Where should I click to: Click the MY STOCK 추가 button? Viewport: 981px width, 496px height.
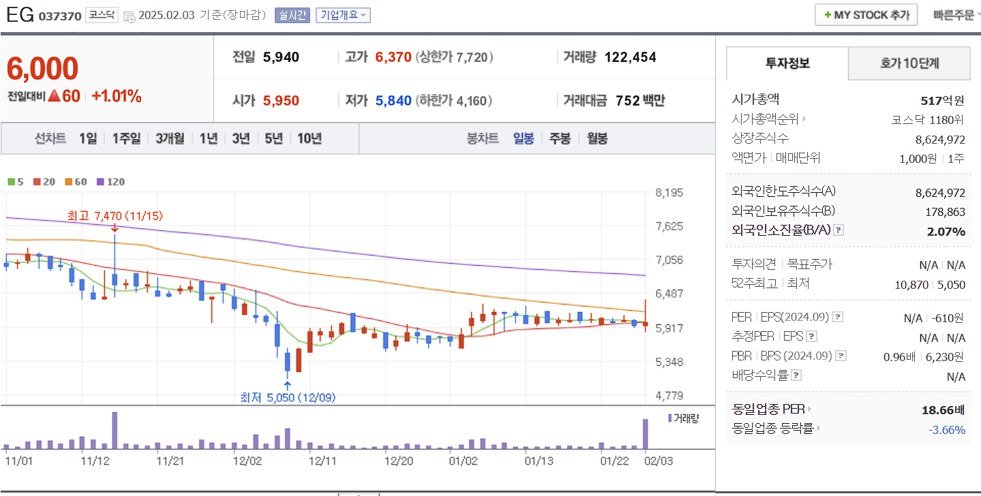pyautogui.click(x=866, y=14)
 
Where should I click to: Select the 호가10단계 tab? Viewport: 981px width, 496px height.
pyautogui.click(x=909, y=64)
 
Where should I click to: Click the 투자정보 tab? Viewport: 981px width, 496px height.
pyautogui.click(x=787, y=64)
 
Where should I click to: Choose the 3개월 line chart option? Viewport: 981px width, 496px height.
pyautogui.click(x=170, y=138)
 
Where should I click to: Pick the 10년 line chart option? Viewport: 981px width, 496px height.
pyautogui.click(x=309, y=138)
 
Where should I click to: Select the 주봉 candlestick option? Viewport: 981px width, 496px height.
pyautogui.click(x=560, y=138)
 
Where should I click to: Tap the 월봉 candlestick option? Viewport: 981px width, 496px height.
pyautogui.click(x=597, y=138)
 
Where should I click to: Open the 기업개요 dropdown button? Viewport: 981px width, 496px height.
pyautogui.click(x=343, y=15)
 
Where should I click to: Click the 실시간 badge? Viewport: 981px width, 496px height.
pyautogui.click(x=292, y=15)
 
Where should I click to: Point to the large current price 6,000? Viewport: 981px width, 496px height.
pyautogui.click(x=42, y=69)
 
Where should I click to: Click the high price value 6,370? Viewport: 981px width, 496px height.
pyautogui.click(x=393, y=57)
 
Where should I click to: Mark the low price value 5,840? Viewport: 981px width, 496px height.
pyautogui.click(x=393, y=101)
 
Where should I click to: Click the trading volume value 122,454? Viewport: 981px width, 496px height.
pyautogui.click(x=630, y=57)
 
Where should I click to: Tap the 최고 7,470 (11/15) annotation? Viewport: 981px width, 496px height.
pyautogui.click(x=115, y=216)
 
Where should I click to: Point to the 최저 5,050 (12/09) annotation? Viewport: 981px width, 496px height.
pyautogui.click(x=287, y=397)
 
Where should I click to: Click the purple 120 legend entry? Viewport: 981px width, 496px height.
pyautogui.click(x=111, y=182)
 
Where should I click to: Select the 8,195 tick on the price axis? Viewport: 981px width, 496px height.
pyautogui.click(x=668, y=193)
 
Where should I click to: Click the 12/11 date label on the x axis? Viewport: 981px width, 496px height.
pyautogui.click(x=322, y=461)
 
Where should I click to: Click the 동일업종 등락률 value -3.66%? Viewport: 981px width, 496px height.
pyautogui.click(x=947, y=430)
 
